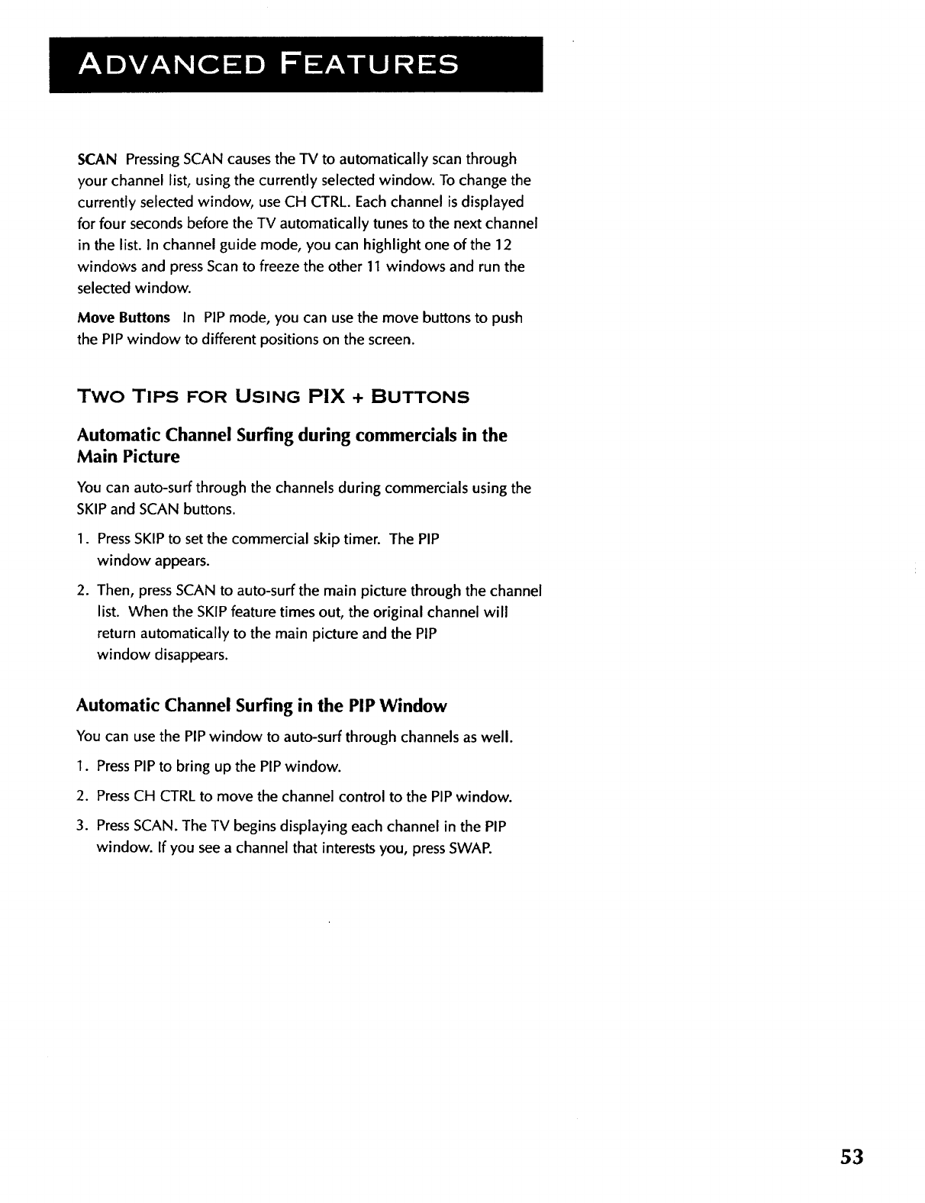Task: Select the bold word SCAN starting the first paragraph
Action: (97, 160)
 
